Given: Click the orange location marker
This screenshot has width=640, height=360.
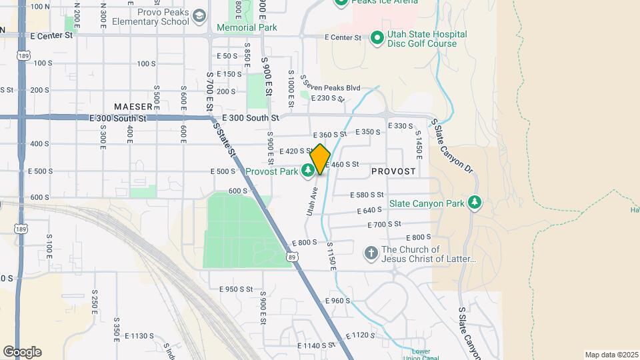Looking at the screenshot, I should tap(320, 159).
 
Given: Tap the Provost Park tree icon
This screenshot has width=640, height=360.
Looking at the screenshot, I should tap(307, 172).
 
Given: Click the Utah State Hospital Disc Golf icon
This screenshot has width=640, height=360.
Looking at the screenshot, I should tap(377, 39).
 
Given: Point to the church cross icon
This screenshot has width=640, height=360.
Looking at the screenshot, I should tap(371, 254).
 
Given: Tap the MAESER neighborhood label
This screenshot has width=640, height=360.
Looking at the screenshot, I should tap(133, 107).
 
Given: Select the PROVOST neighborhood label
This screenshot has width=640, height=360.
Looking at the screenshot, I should tap(393, 171).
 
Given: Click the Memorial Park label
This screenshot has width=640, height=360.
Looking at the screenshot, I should tap(247, 28).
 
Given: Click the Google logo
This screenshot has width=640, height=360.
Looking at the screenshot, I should tap(22, 352).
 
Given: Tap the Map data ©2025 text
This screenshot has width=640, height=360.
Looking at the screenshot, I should tap(611, 355).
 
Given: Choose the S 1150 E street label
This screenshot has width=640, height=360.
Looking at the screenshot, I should tap(330, 256).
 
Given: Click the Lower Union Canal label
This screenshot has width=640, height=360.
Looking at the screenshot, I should tap(421, 353).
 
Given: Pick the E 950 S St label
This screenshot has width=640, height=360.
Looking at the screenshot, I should tap(236, 289).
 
